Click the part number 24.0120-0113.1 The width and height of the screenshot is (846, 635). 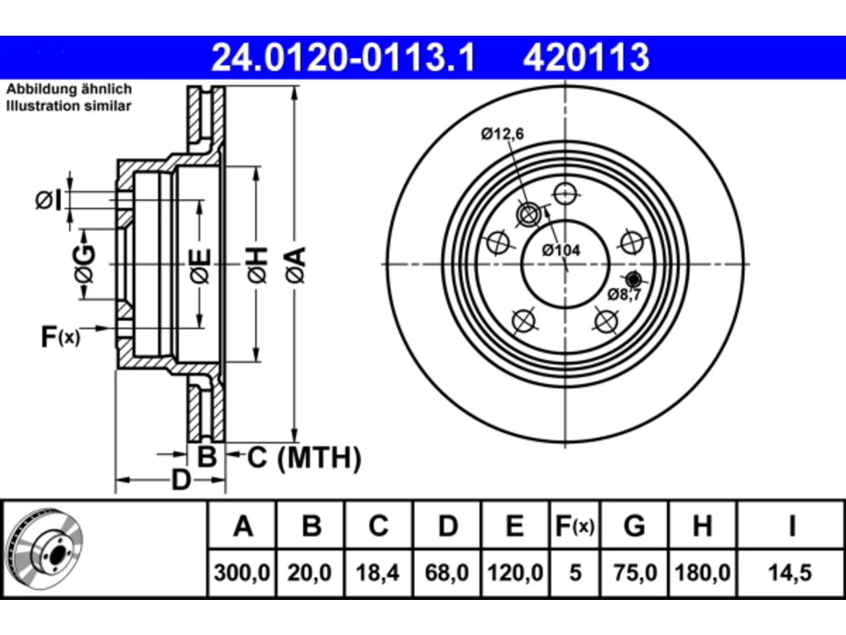(x=343, y=58)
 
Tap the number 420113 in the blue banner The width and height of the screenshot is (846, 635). (x=586, y=58)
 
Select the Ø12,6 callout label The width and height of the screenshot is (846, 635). (x=502, y=134)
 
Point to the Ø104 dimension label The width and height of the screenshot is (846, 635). (x=560, y=251)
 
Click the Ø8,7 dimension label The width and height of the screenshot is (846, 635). (x=624, y=295)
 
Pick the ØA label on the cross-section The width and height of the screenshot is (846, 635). (x=295, y=265)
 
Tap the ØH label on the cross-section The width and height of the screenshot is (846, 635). (x=257, y=265)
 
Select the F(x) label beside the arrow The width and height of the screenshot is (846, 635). (x=61, y=337)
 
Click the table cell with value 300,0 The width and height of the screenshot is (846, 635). (x=242, y=573)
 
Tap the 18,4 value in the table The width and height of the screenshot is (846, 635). (x=377, y=573)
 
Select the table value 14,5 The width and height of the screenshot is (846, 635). (x=790, y=573)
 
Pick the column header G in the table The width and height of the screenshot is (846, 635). (x=634, y=526)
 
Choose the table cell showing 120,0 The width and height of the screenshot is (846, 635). (x=516, y=573)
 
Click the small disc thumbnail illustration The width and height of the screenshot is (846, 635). (x=45, y=549)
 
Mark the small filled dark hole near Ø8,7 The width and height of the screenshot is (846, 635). (x=634, y=278)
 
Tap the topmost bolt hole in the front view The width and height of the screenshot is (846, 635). (x=565, y=194)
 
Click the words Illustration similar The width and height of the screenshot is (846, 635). (x=69, y=106)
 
